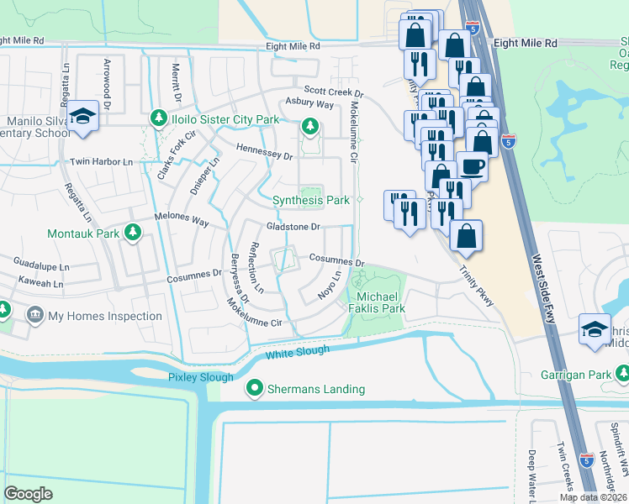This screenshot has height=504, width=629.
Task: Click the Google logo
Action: [29, 493]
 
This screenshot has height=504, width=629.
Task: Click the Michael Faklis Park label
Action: [381, 303]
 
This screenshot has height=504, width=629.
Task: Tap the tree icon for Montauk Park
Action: [132, 233]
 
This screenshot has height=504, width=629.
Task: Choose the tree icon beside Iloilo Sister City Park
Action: [157, 119]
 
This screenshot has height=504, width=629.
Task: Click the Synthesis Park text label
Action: [311, 201]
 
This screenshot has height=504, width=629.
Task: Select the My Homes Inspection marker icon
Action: [34, 316]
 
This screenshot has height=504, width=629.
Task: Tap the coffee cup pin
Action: [472, 165]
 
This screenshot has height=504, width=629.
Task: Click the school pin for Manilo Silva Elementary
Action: [83, 116]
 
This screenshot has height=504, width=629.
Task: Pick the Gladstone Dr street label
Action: [294, 227]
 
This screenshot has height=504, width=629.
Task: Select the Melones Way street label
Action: [180, 219]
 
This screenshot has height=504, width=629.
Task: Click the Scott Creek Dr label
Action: [333, 92]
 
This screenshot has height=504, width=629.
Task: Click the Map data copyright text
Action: [593, 497]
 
